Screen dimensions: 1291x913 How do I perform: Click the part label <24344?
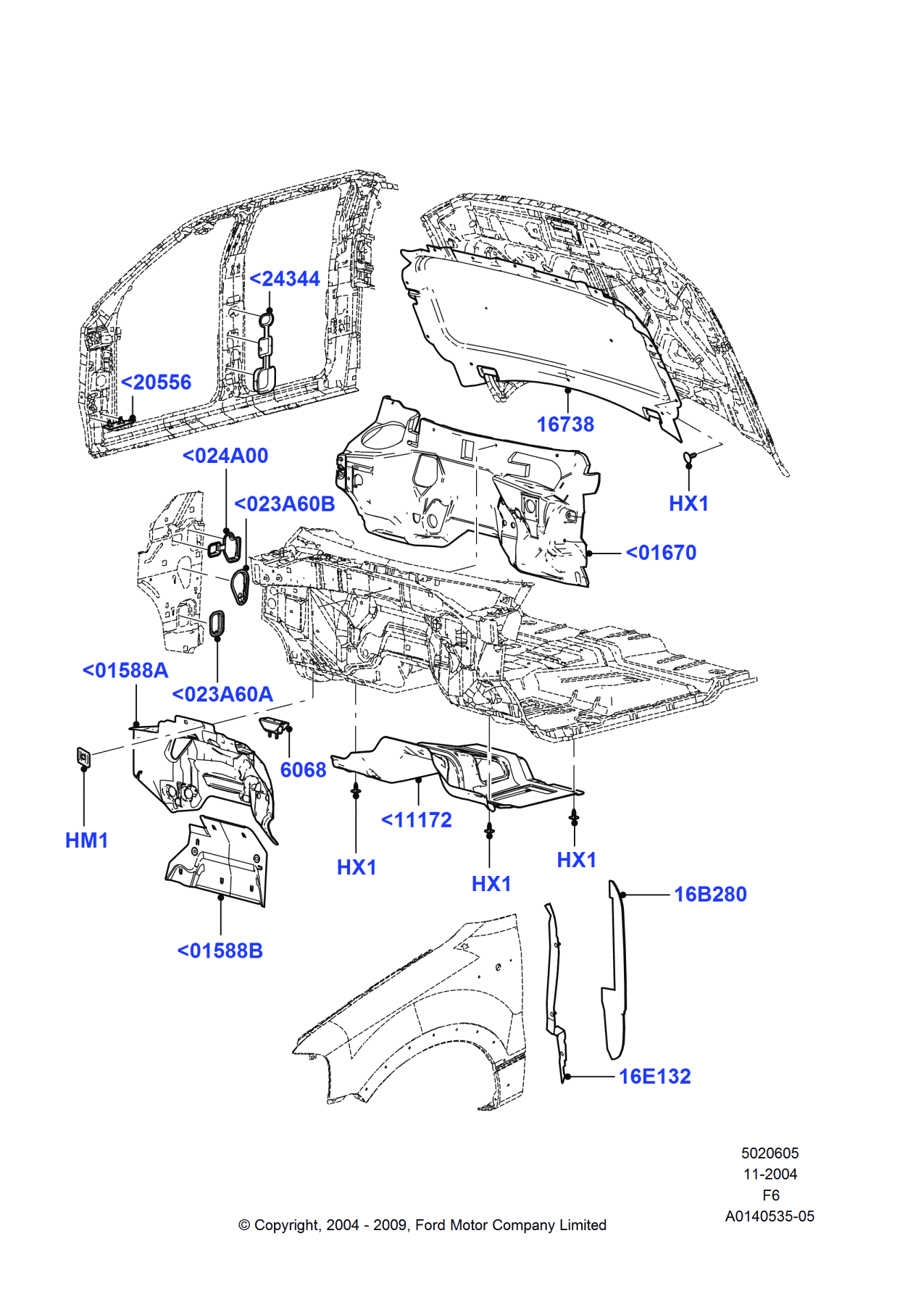click(284, 279)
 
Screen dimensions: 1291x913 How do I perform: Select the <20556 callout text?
click(156, 383)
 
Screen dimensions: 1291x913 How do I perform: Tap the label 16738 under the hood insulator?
click(565, 425)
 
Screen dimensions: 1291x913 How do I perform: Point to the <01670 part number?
click(661, 553)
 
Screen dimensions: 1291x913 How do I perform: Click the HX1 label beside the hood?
click(688, 504)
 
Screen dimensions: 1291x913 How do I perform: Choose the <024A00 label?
click(225, 456)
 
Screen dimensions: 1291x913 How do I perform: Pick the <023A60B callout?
click(284, 504)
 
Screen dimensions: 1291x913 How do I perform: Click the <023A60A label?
click(222, 694)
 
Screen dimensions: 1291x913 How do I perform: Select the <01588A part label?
click(125, 671)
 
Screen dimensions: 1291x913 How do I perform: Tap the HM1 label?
click(87, 840)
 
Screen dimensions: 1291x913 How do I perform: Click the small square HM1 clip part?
click(84, 757)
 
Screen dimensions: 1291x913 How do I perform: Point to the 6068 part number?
click(303, 770)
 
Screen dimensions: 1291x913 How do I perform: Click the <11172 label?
click(417, 820)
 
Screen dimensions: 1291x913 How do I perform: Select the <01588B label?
click(220, 951)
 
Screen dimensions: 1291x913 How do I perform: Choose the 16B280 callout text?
click(710, 895)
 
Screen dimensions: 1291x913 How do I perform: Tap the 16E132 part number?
click(654, 1077)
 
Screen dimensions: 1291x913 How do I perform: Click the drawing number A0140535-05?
click(770, 1216)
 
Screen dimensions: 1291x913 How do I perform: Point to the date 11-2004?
click(770, 1174)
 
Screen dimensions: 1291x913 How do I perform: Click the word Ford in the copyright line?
click(430, 1225)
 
